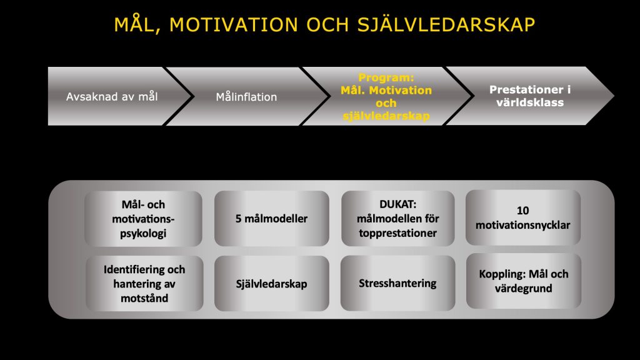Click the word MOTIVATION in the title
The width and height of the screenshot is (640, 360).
(234, 24)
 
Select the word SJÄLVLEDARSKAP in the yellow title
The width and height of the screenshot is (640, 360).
(446, 24)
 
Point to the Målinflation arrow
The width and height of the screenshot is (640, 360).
(247, 97)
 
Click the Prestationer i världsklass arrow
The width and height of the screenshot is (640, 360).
(530, 96)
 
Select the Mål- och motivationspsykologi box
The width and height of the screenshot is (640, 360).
(143, 219)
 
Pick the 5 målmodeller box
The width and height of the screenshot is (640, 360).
(272, 219)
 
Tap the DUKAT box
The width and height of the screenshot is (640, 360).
(398, 219)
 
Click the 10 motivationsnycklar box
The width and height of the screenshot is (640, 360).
(523, 217)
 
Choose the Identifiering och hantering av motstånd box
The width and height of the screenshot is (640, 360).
(144, 284)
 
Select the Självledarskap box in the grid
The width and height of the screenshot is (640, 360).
(272, 284)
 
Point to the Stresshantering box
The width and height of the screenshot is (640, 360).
(398, 283)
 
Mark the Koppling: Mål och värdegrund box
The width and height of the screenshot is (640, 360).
(524, 281)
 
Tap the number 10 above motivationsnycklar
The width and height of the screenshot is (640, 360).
(523, 211)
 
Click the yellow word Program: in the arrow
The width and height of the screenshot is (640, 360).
(386, 77)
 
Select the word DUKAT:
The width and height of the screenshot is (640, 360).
(398, 204)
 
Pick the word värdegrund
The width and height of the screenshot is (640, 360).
(524, 289)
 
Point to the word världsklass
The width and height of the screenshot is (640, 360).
(530, 102)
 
